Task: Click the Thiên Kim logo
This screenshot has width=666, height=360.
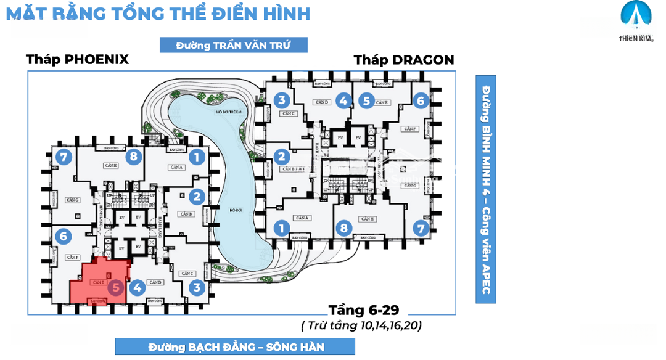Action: (x=635, y=22)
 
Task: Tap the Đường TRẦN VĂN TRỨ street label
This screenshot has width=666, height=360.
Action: (x=233, y=45)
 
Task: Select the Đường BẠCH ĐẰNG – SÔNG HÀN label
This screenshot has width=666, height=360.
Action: (x=236, y=346)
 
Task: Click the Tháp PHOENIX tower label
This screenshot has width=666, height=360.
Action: (x=77, y=60)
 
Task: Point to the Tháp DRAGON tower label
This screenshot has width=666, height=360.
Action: (x=404, y=60)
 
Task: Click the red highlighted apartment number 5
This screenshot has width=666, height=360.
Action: (x=115, y=287)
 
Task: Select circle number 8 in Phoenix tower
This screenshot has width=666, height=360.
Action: (x=133, y=157)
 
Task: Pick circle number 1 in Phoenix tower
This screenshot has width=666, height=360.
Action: (x=197, y=157)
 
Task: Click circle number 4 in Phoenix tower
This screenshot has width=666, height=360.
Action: (x=137, y=287)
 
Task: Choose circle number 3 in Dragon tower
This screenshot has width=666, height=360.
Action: (x=281, y=100)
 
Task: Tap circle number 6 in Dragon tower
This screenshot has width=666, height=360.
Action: (x=421, y=100)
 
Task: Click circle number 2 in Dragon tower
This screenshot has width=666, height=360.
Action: (x=281, y=157)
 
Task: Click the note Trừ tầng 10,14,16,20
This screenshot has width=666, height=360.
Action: (x=361, y=325)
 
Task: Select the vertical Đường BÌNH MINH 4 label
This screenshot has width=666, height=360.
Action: (x=486, y=189)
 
